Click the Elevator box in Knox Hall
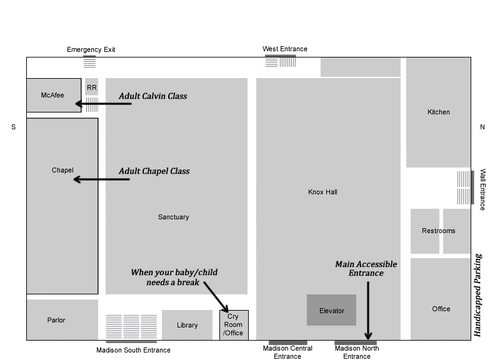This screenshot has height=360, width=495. pos(331,310)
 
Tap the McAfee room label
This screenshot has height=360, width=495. pos(52,95)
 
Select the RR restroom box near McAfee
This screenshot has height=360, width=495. pos(91,87)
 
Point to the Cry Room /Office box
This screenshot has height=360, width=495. pos(234,325)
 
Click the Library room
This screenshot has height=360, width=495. pos(187,325)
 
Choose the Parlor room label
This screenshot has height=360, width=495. pos(56,320)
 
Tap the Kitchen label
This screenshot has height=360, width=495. pos(439,112)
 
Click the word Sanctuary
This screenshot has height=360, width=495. pos(174,217)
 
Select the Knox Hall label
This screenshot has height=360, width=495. pos(322,192)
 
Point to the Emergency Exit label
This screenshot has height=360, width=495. pos(91,49)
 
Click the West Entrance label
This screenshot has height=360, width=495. pos(285,49)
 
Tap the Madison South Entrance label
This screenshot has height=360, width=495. pos(133,350)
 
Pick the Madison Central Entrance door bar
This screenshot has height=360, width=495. pos(288,342)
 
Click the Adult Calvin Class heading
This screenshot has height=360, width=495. pos(153,96)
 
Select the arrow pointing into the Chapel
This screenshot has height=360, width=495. pos(101,179)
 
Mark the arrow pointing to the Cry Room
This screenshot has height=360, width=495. pos(216,297)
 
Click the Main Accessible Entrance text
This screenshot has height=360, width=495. pos(366,268)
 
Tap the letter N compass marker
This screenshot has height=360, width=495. pos(482,127)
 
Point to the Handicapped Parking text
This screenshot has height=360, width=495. pos(478,295)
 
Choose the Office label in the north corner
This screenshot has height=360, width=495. pos(441,309)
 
